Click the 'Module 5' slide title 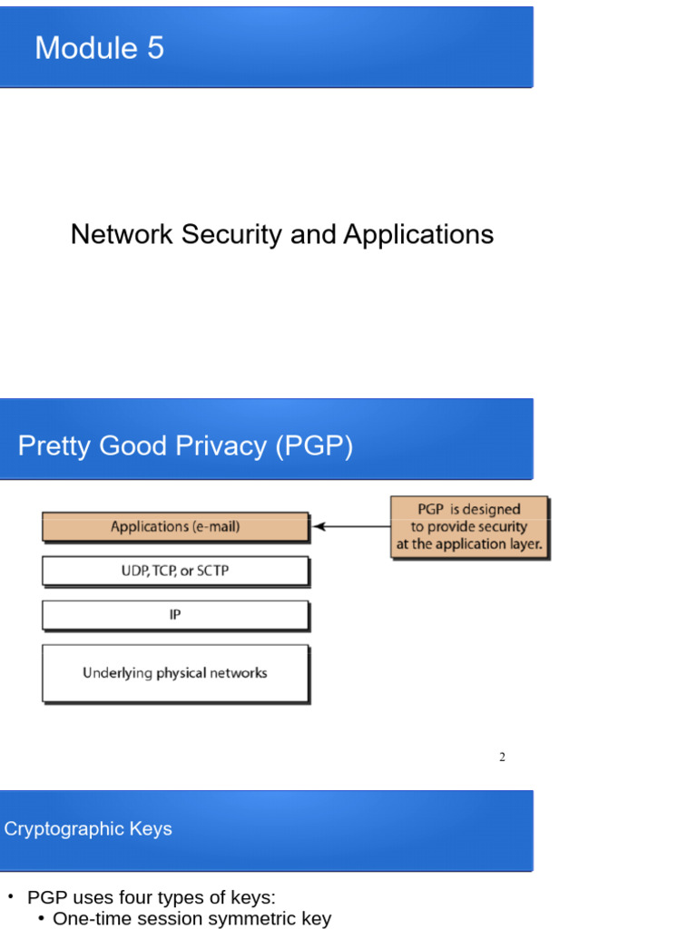click(99, 47)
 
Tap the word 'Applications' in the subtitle click(418, 234)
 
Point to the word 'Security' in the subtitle click(233, 234)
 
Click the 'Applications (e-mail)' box click(175, 526)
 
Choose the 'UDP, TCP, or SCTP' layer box click(175, 571)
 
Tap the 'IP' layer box click(175, 615)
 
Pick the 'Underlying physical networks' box click(175, 673)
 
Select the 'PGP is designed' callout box click(469, 527)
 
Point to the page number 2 click(502, 758)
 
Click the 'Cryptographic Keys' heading click(88, 828)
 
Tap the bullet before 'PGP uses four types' click(11, 897)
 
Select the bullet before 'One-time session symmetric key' click(42, 919)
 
